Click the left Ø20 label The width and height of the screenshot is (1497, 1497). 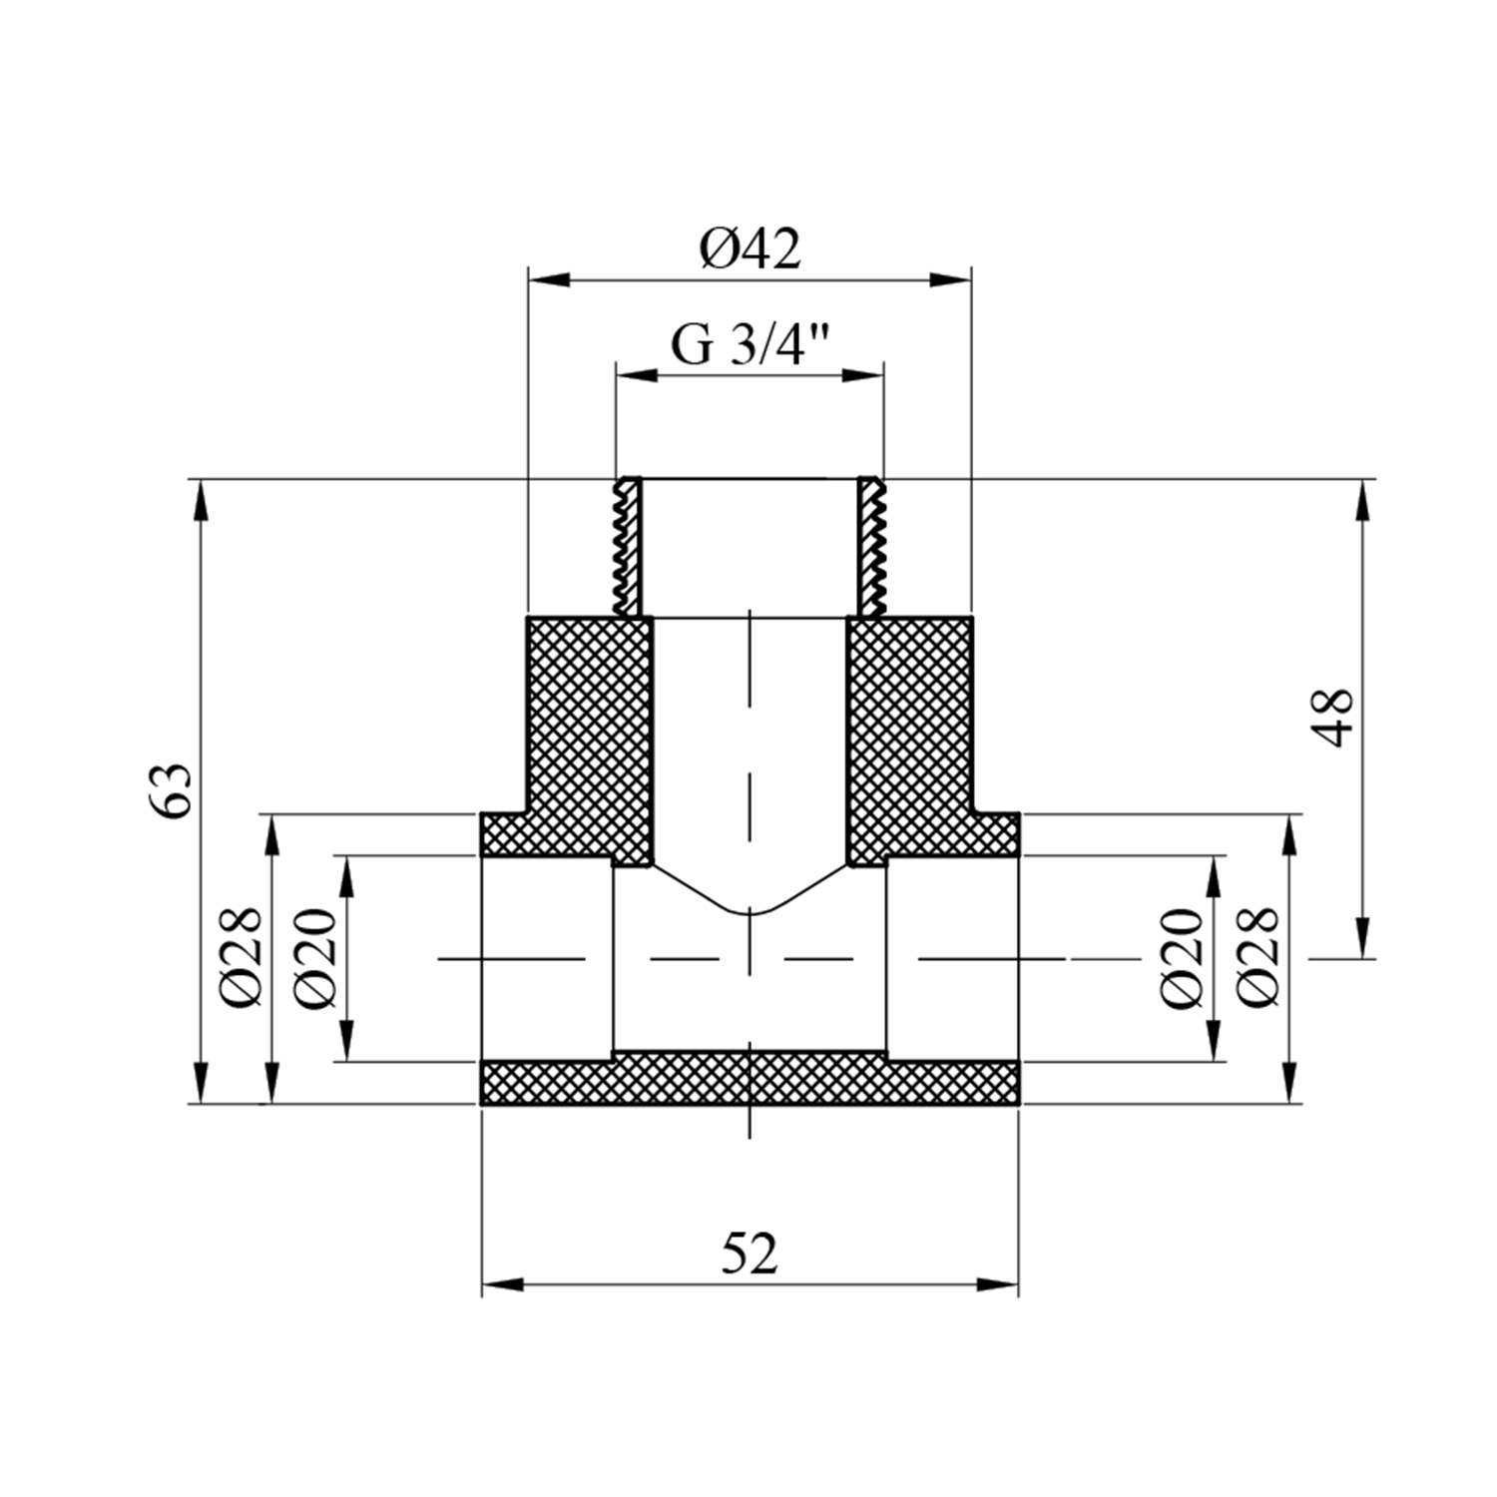[x=317, y=957]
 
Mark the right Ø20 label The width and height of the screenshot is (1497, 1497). [x=1183, y=957]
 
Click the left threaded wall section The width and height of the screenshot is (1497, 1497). [x=628, y=547]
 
